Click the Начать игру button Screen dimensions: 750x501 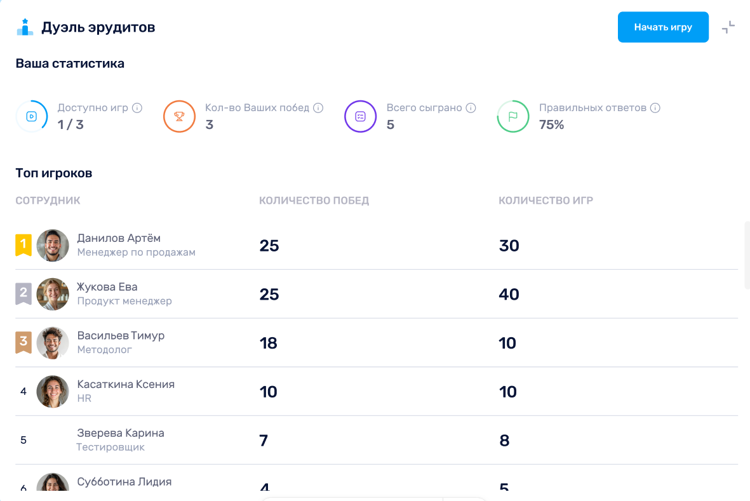pos(663,27)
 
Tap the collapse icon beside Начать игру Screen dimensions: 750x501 pos(728,27)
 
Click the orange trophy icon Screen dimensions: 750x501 pos(179,116)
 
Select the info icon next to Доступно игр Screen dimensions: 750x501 pos(137,108)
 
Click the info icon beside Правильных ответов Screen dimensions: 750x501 pos(655,108)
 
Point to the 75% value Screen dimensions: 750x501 pos(551,124)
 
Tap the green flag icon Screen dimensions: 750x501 pos(512,116)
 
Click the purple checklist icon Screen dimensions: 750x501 pos(361,116)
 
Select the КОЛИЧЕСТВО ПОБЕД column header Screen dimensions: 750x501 pos(314,201)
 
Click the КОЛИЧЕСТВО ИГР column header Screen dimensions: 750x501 pos(546,201)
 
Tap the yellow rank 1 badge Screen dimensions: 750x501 pos(23,244)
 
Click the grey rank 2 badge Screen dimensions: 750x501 pos(23,293)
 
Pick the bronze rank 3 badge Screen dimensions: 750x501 pos(23,342)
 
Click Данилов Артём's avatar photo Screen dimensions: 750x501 pos(53,245)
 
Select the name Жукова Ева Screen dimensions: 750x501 pos(107,287)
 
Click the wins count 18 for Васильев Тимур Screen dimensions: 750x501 pos(269,344)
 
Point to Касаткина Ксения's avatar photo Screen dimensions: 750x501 pos(53,392)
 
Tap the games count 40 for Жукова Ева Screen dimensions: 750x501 pos(509,295)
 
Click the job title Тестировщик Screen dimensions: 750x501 pos(110,448)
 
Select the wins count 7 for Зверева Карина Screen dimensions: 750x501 pos(264,441)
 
